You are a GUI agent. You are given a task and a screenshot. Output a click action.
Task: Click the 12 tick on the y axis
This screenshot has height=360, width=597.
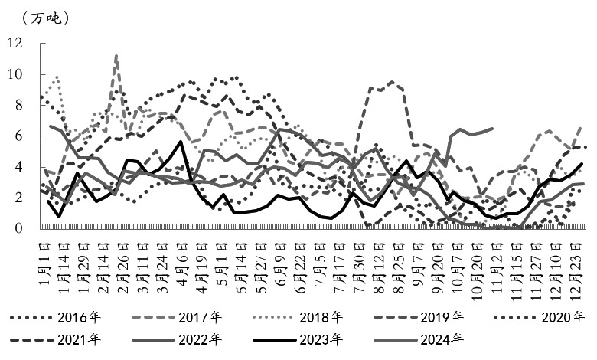pyautogui.click(x=15, y=44)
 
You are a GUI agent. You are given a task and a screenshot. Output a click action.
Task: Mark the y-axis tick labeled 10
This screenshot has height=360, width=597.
pyautogui.click(x=15, y=74)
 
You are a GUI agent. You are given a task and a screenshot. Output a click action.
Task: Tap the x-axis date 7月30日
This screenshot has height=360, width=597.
pyautogui.click(x=357, y=260)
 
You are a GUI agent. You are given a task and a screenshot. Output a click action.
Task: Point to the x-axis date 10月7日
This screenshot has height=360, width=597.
pyautogui.click(x=457, y=260)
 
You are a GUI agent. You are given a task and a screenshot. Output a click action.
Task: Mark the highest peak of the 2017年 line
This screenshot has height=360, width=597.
pyautogui.click(x=116, y=55)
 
